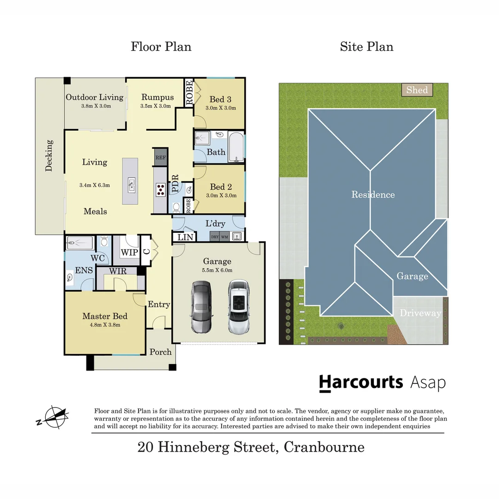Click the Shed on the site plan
417,90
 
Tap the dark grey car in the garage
201,307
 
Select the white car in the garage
238,307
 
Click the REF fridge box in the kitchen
160,157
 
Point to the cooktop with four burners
160,189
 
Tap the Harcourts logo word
361,382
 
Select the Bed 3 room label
220,99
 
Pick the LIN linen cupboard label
184,237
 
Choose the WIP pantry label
129,252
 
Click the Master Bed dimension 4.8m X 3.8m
104,325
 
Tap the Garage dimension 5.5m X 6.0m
217,270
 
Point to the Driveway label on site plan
420,313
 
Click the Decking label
49,156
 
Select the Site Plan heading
366,47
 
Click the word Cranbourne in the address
324,447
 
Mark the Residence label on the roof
373,195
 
